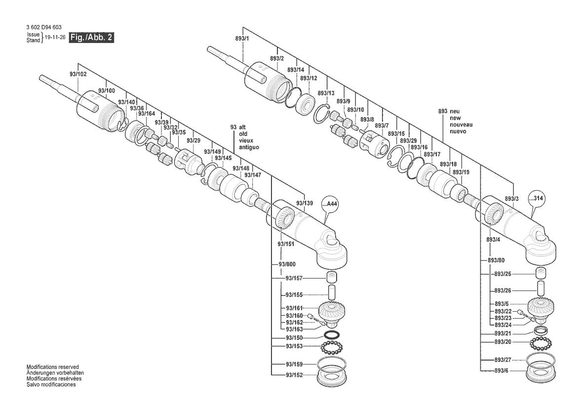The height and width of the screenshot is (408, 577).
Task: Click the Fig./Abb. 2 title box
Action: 91,38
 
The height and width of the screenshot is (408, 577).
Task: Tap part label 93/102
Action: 78,74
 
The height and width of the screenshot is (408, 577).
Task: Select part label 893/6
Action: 503,370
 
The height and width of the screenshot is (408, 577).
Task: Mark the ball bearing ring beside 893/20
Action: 542,343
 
